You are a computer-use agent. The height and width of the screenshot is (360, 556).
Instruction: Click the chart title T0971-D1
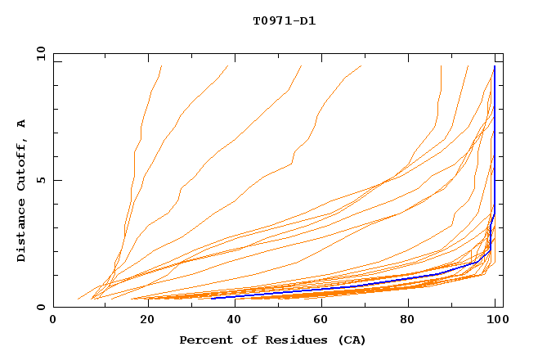pos(284,20)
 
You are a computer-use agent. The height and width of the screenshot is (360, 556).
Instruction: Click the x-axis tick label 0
pos(53,320)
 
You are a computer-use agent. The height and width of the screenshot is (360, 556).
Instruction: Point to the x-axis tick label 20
pos(142,320)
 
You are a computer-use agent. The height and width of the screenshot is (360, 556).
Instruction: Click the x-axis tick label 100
pos(496,320)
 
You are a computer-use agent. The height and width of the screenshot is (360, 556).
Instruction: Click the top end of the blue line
pos(495,66)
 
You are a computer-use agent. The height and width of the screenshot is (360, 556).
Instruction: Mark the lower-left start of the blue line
pos(212,299)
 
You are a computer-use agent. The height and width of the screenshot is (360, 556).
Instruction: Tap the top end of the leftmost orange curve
pos(162,65)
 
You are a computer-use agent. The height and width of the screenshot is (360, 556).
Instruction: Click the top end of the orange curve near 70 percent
pos(361,65)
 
